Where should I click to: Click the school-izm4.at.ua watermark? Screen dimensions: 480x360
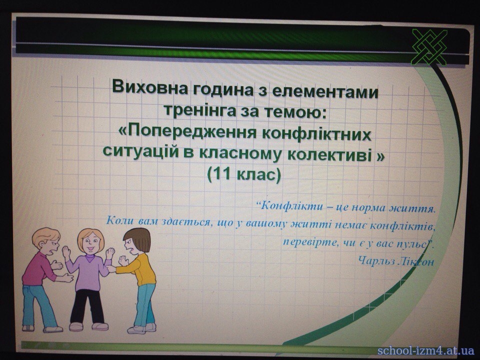pos(425,351)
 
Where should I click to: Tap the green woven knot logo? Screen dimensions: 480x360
pos(429,47)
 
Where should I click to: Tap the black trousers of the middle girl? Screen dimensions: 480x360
pos(87,306)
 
